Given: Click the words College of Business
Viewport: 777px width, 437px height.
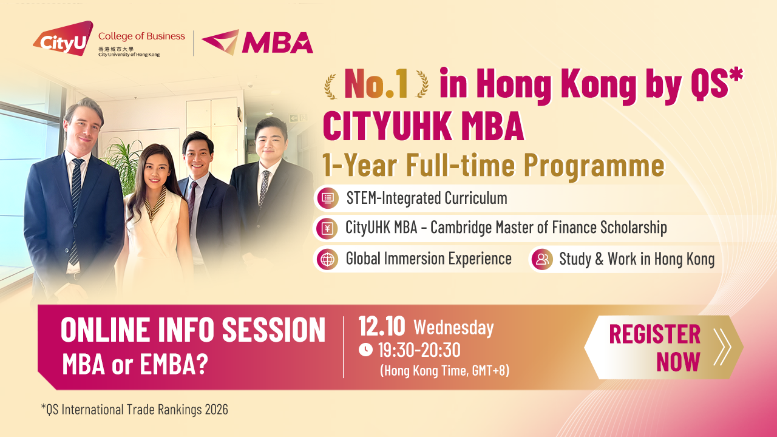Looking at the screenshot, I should click(141, 36).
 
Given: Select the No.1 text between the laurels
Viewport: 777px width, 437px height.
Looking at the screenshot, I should click(376, 84).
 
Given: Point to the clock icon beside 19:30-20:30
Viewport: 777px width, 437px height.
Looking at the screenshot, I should click(365, 350).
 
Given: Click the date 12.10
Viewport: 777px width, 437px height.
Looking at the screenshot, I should click(381, 327).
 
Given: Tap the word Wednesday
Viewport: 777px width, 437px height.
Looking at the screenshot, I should click(453, 328).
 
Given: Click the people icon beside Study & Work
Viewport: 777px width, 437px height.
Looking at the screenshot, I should click(541, 259).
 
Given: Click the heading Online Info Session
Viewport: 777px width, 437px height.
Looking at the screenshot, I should click(193, 330).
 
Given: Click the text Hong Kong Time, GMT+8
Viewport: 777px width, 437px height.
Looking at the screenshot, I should click(444, 370).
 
